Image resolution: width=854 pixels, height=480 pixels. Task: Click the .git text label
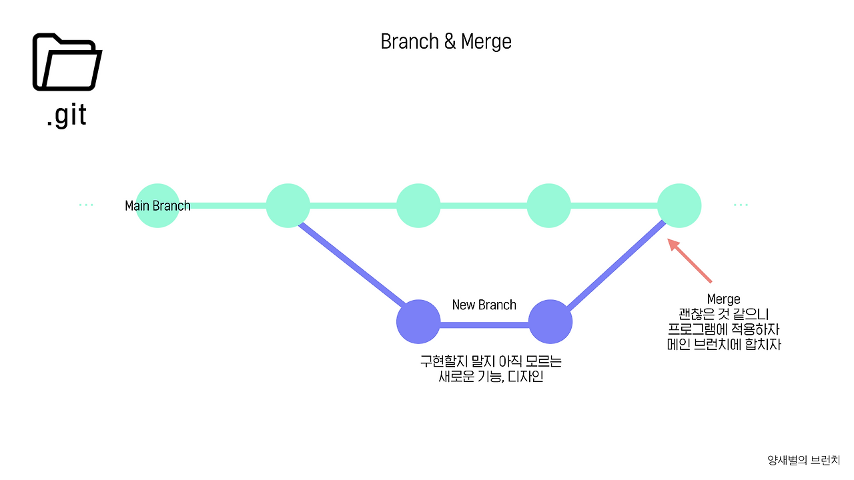(67, 115)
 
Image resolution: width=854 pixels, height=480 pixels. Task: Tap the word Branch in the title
(410, 41)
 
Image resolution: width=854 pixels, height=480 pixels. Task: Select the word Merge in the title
(486, 42)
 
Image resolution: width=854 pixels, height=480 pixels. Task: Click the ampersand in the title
(450, 41)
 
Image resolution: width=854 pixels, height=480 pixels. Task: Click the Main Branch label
(158, 206)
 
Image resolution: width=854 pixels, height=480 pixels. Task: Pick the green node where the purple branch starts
(288, 206)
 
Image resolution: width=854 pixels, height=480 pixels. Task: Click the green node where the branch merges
(679, 206)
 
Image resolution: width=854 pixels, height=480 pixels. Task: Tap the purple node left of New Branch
(418, 321)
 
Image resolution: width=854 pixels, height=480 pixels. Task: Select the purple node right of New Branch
(550, 321)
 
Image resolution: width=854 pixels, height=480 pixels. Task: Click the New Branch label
(484, 305)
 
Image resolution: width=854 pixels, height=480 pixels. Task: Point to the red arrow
(689, 261)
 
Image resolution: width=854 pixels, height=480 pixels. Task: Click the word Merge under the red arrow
(724, 299)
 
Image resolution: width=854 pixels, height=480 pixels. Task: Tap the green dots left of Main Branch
(86, 205)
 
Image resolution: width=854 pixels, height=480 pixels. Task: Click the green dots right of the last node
(741, 205)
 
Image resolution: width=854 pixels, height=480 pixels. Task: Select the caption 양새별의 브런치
(804, 460)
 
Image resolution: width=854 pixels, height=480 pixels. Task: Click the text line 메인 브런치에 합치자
(724, 345)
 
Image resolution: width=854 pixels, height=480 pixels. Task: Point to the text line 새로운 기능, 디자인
(491, 377)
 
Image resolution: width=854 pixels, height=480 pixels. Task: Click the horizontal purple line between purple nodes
(484, 325)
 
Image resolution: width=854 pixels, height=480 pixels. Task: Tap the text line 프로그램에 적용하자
(724, 329)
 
